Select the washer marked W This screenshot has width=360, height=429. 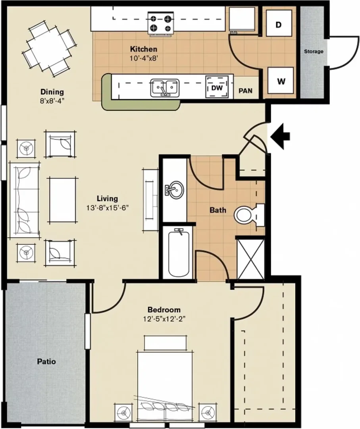tap(281, 80)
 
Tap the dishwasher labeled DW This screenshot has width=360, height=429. tap(217, 87)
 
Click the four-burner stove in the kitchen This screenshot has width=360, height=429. tap(160, 23)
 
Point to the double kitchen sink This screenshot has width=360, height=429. tap(165, 87)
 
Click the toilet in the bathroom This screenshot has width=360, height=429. tap(249, 215)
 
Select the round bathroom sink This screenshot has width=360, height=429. tap(174, 189)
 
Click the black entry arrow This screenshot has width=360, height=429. tap(280, 136)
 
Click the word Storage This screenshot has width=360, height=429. tap(314, 51)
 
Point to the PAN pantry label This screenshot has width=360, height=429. tap(245, 91)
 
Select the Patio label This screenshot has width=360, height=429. tap(46, 361)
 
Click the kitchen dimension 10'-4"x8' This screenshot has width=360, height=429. tap(144, 58)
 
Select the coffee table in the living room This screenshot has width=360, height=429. tap(63, 200)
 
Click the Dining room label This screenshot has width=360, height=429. tap(52, 92)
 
